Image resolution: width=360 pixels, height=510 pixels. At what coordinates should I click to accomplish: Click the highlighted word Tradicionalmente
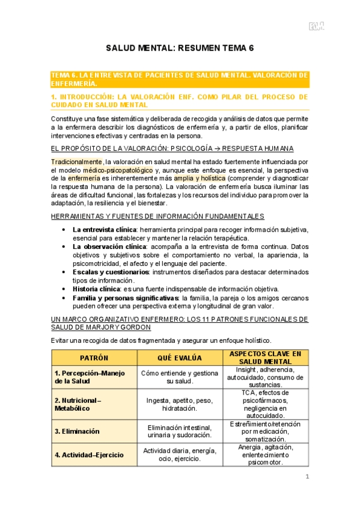[x=76, y=162]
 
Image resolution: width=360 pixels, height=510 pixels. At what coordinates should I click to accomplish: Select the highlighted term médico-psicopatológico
[x=127, y=170]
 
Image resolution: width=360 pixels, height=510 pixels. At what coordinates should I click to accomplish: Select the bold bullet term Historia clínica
[x=96, y=289]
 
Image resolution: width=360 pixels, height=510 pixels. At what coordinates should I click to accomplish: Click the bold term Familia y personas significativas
[x=126, y=298]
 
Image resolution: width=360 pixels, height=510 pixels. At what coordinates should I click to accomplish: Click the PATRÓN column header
[x=94, y=357]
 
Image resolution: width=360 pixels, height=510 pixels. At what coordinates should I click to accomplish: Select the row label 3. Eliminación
[x=77, y=431]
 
